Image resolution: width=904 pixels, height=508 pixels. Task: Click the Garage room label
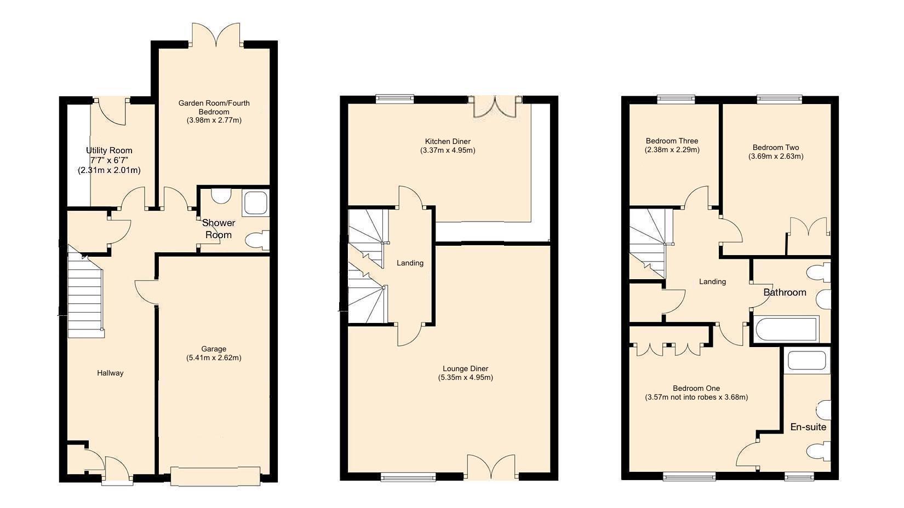coord(214,349)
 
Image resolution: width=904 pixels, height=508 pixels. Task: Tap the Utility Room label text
coord(109,151)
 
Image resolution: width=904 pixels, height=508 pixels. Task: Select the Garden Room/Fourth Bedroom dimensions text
coord(214,120)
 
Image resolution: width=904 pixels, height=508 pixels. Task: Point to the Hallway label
coord(110,373)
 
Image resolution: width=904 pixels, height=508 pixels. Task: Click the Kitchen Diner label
coord(448,141)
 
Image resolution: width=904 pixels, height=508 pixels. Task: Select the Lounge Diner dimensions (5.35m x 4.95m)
coord(465,378)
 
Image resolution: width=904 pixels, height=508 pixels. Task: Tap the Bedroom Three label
coord(672,141)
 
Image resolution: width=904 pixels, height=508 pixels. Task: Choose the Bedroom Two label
coord(775,147)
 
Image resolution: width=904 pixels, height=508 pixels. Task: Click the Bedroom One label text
coord(696,388)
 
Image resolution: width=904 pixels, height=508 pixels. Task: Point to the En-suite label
coord(808,427)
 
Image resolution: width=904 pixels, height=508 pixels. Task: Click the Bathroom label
coord(785,292)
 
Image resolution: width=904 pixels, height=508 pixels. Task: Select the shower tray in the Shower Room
coord(255,202)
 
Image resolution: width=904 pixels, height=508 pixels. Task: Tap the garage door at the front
coord(215,474)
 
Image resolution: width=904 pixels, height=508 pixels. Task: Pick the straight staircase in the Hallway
coord(85,298)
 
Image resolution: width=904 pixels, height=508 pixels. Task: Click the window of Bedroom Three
coord(676,100)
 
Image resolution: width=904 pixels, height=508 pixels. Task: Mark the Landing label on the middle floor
coord(410,263)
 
